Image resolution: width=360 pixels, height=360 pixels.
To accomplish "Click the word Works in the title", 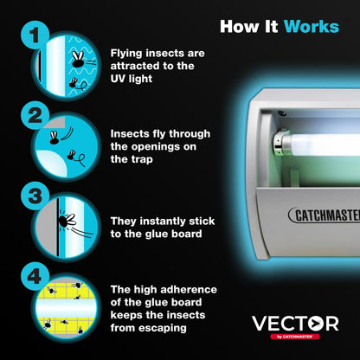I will (x=310, y=26).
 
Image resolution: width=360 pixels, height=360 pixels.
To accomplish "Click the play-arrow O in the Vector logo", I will (x=326, y=323).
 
